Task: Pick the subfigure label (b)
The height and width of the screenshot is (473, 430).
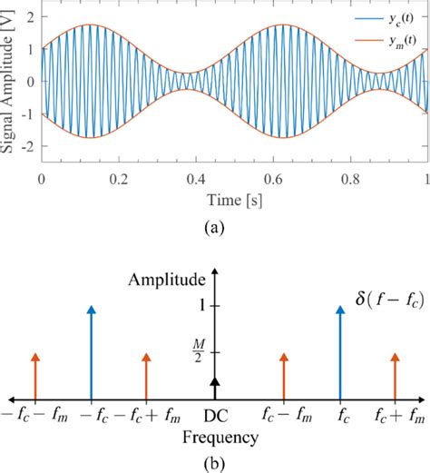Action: click(214, 462)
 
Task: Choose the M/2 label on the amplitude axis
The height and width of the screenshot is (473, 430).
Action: click(199, 350)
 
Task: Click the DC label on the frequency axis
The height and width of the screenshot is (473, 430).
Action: click(214, 416)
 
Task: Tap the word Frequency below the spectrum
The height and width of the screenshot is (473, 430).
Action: click(214, 437)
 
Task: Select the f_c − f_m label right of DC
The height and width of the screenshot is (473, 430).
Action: click(285, 416)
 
